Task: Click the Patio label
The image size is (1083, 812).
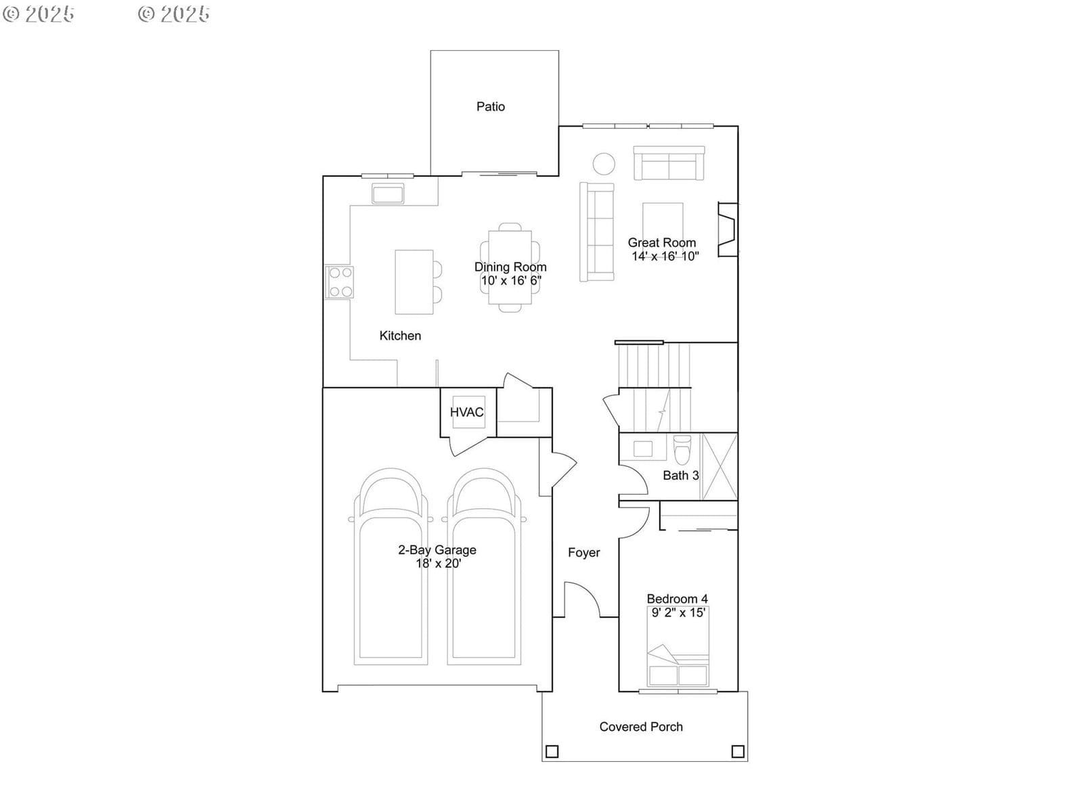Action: (491, 106)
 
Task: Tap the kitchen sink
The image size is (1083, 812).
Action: (388, 194)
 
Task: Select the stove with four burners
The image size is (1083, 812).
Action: (340, 282)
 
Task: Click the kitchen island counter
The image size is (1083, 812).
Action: (414, 282)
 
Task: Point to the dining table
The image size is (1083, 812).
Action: (510, 268)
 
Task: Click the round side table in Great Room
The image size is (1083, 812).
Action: (603, 164)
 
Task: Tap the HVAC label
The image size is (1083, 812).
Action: (467, 412)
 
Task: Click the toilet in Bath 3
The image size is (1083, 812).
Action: (682, 449)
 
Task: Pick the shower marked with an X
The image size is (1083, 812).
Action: (720, 466)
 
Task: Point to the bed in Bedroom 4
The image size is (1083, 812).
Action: (678, 646)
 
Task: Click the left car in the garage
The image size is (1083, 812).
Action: (391, 566)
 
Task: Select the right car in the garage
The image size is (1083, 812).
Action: (484, 566)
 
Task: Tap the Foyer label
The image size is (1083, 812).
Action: (583, 553)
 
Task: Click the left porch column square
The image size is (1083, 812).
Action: (552, 751)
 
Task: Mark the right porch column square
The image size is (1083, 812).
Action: (738, 751)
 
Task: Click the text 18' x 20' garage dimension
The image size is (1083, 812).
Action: (438, 563)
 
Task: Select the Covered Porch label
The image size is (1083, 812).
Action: (641, 727)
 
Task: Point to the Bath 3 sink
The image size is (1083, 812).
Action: (643, 449)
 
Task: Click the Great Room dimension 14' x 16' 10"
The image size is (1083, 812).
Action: (665, 256)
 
